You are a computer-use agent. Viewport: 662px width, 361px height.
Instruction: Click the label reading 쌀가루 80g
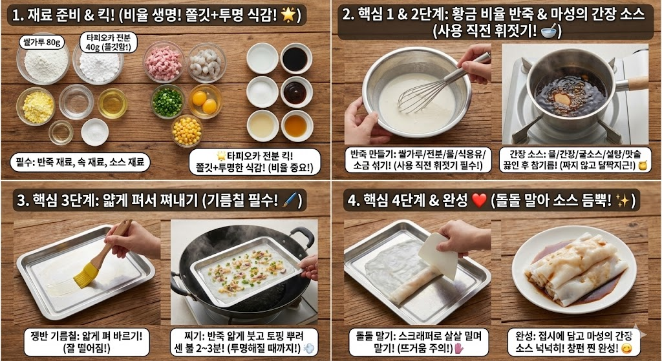click(42, 43)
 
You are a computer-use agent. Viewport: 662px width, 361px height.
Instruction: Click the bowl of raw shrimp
click(207, 63)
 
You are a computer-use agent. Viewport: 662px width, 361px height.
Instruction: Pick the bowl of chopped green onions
click(167, 101)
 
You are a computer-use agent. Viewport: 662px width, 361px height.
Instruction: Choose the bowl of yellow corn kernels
click(187, 130)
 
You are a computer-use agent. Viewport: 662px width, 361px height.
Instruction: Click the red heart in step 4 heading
click(479, 200)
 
